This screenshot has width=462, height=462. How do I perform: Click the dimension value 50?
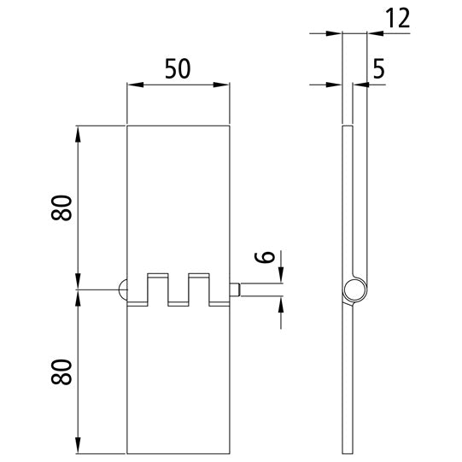pyautogui.click(x=177, y=68)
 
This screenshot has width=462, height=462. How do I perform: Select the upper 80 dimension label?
pyautogui.click(x=61, y=208)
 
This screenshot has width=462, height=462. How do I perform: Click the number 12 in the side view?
pyautogui.click(x=396, y=20)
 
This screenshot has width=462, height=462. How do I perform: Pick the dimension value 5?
pyautogui.click(x=378, y=69)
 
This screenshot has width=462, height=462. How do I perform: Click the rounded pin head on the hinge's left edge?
pyautogui.click(x=122, y=290)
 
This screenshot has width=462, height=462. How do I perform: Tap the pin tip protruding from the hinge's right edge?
pyautogui.click(x=238, y=290)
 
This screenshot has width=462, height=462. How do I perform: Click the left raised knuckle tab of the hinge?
pyautogui.click(x=157, y=281)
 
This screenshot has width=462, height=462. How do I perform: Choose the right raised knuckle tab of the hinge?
pyautogui.click(x=198, y=281)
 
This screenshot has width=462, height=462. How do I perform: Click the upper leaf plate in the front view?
pyautogui.click(x=178, y=196)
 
